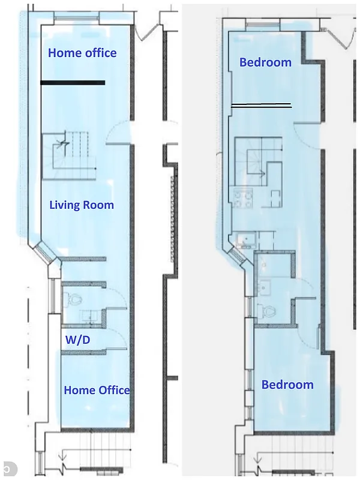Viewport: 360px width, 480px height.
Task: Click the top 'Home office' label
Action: coord(82,53)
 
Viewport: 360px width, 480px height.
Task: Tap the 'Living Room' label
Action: coord(82,205)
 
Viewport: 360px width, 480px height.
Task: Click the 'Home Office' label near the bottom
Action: coord(97,390)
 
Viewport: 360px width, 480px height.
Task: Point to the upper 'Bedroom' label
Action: coord(265,62)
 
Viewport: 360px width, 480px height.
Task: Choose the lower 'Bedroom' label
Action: coord(287,385)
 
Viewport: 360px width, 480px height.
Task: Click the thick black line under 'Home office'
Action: coord(73,83)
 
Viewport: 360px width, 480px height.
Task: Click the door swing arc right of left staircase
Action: coord(118,134)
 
